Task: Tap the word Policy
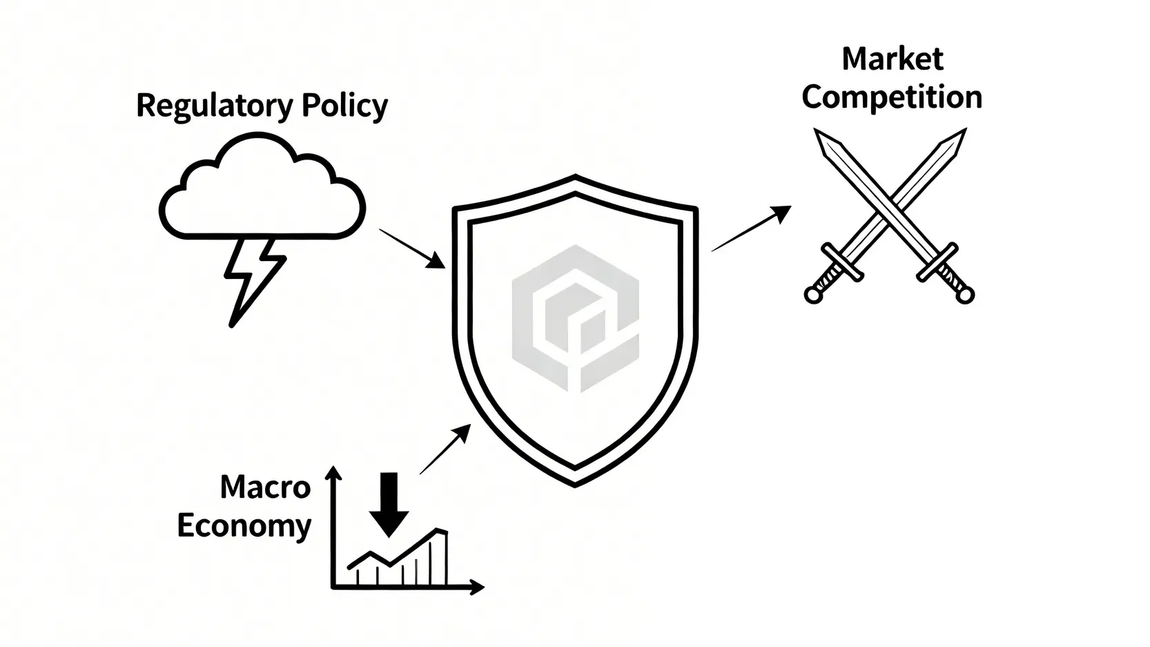pos(344,106)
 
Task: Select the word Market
pos(892,59)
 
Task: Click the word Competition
pos(892,97)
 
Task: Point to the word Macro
pos(265,487)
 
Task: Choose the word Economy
pos(244,525)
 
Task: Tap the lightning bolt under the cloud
pos(251,280)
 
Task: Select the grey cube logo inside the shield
pos(575,318)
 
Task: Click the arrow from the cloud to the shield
pos(412,248)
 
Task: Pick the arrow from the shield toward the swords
pos(751,229)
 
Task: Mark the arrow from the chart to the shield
pos(445,450)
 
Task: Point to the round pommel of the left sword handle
pos(813,296)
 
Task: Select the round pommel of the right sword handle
pos(966,296)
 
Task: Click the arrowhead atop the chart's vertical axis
pos(333,472)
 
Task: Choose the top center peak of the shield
pos(575,178)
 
